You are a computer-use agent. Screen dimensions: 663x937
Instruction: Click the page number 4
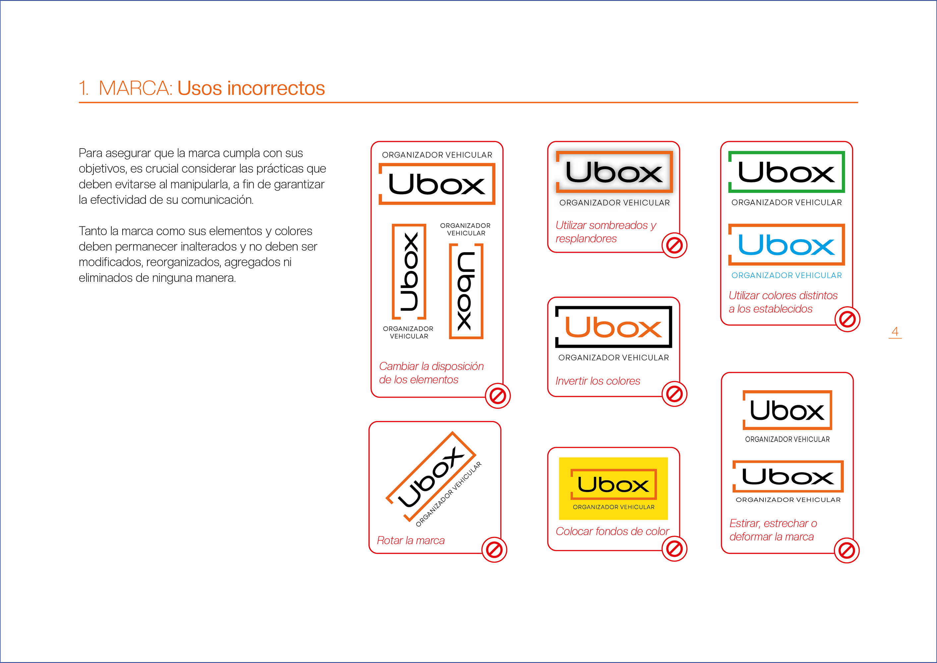[895, 331]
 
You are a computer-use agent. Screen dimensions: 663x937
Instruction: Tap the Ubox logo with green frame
[787, 172]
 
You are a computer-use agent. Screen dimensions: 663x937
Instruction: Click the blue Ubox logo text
[787, 245]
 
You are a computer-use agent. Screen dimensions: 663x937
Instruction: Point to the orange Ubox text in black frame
[614, 328]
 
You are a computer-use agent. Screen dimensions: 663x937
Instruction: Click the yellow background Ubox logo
[614, 488]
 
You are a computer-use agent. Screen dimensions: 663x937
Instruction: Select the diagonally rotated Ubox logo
[431, 476]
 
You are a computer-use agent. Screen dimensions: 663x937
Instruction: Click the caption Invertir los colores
[598, 381]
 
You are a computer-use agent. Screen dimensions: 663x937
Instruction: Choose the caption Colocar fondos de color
[612, 531]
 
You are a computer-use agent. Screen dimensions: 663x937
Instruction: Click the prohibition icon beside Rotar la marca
[494, 550]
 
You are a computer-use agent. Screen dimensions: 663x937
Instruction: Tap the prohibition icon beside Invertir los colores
[674, 394]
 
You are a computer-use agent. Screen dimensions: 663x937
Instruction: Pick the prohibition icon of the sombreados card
[674, 245]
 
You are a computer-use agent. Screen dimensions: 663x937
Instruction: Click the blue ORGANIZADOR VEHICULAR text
[787, 275]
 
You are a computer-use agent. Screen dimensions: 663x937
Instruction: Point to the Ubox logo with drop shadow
[614, 172]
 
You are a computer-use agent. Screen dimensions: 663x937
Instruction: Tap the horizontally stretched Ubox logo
[788, 476]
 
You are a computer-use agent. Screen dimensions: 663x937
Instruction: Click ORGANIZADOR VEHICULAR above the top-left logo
[437, 155]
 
